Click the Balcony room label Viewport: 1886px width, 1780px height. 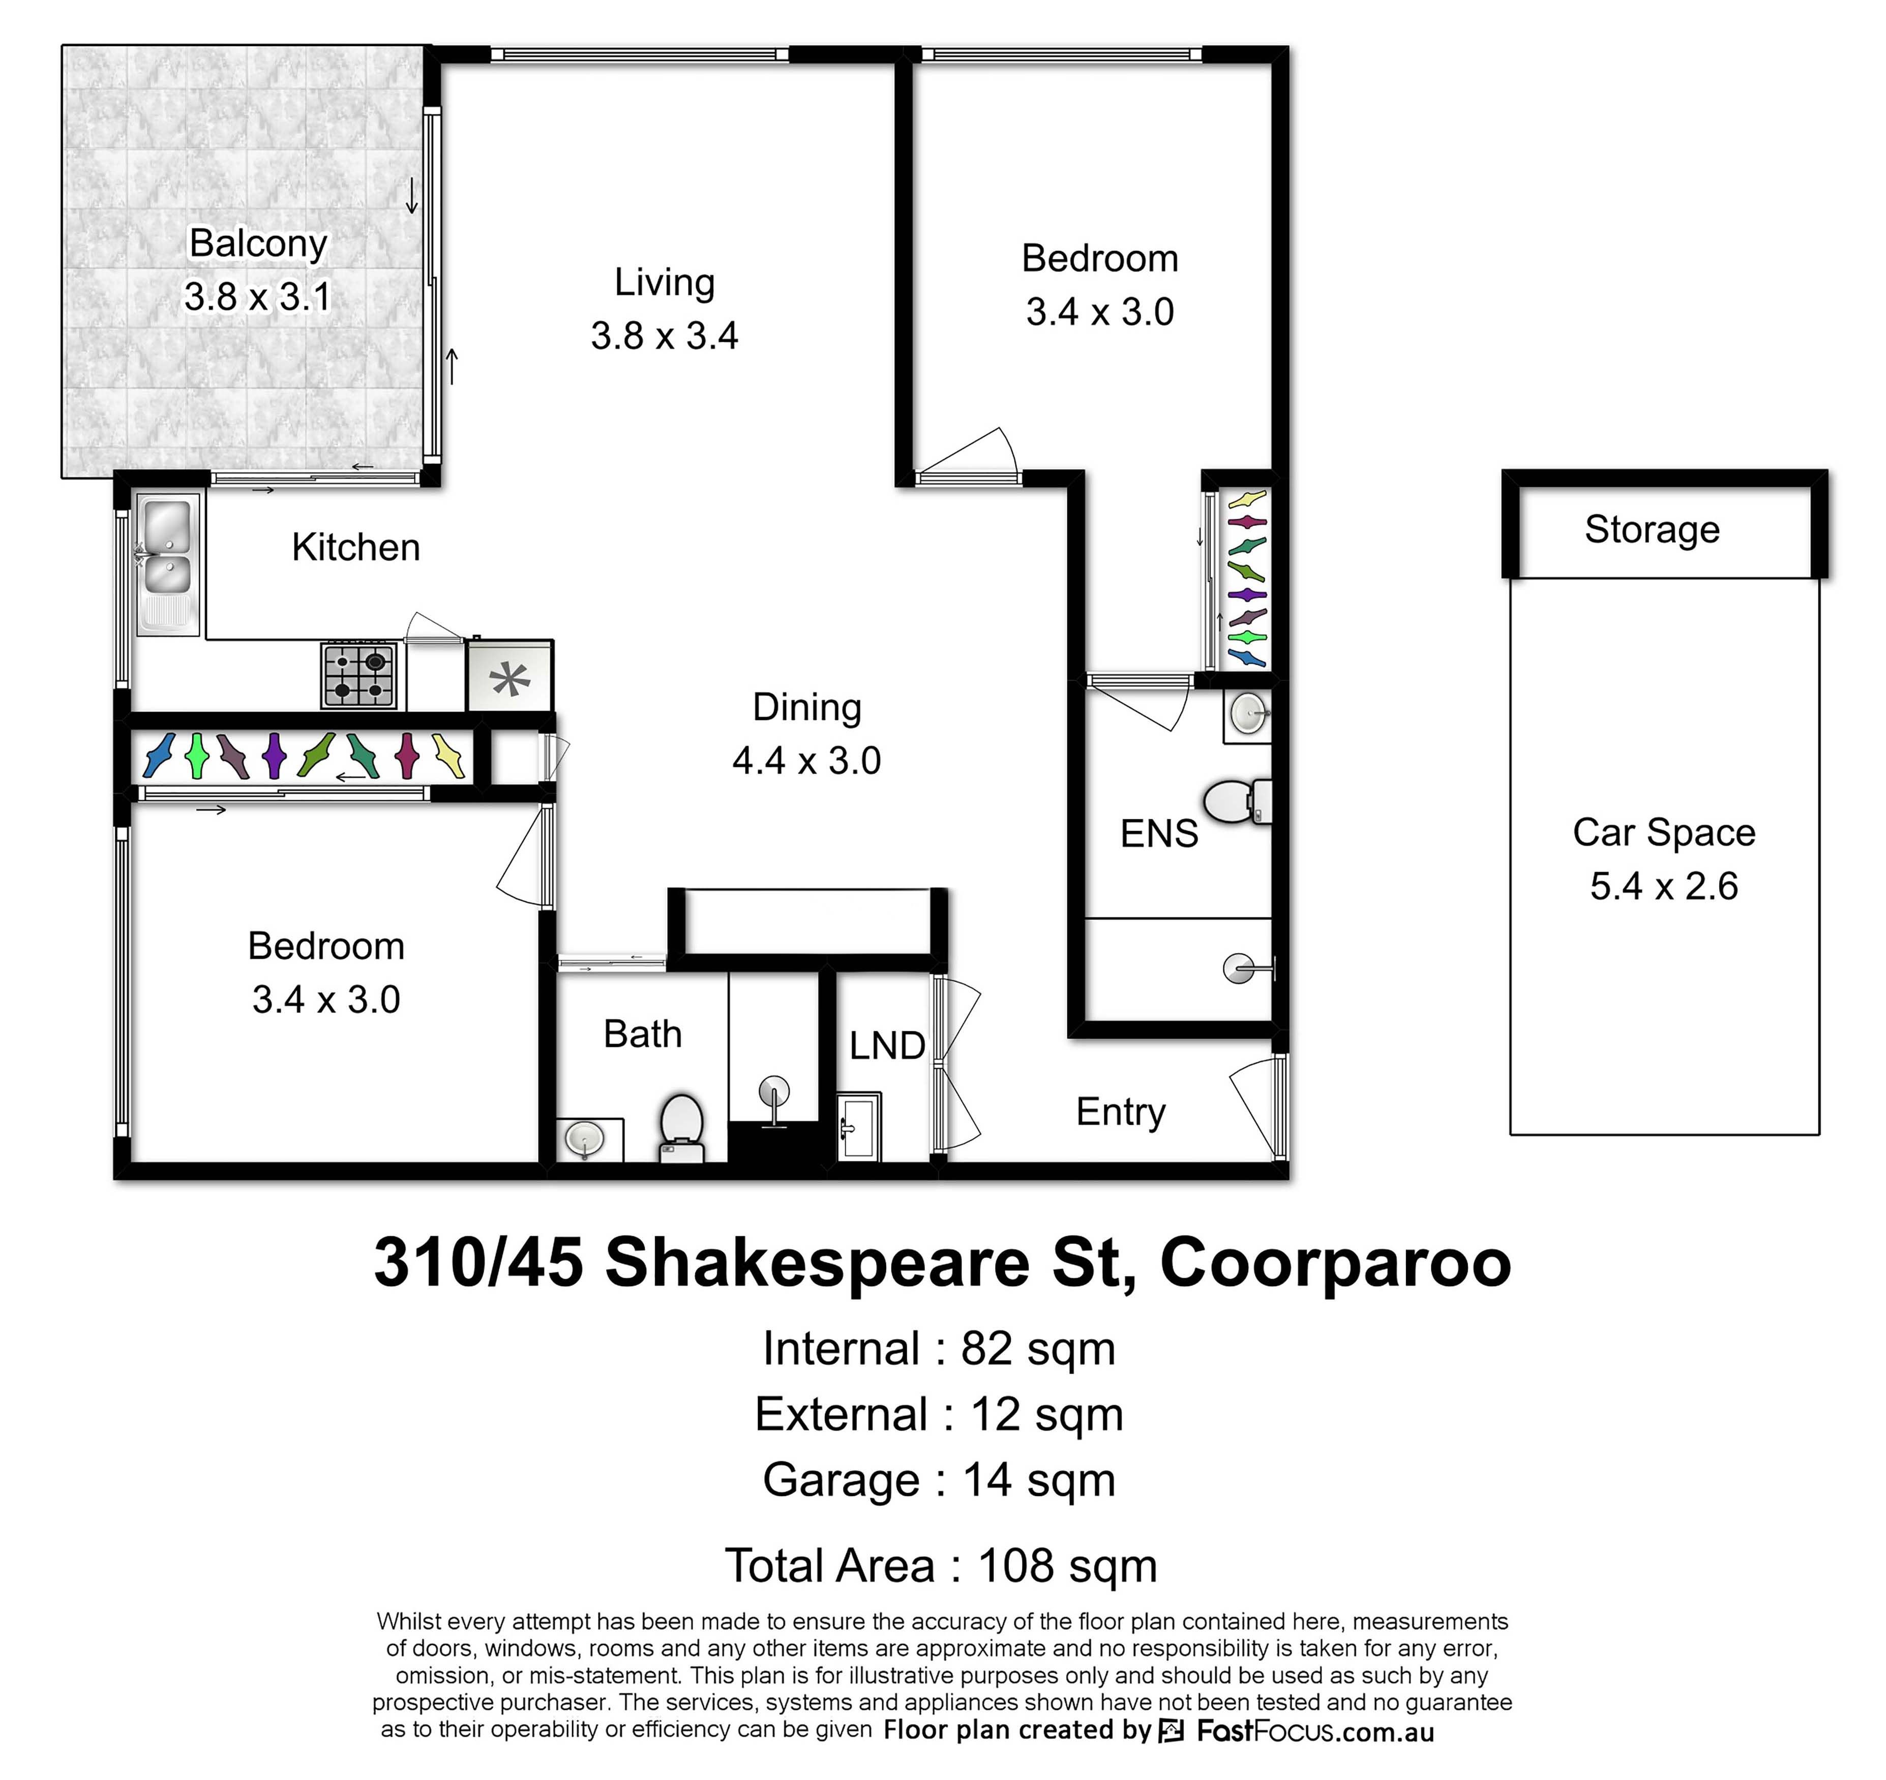pos(258,243)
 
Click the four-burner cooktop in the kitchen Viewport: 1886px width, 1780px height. pos(360,675)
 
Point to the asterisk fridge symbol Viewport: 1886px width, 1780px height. pos(511,678)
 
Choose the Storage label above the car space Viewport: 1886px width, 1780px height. pos(1652,529)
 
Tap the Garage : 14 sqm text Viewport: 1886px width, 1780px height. pos(939,1480)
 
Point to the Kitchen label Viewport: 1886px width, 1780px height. pos(356,547)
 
